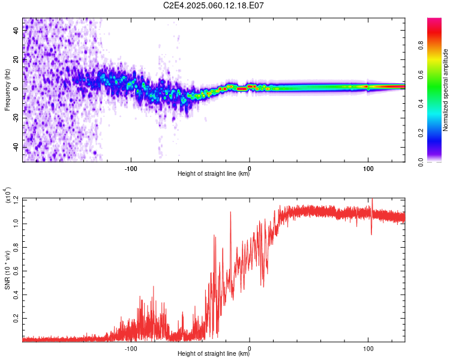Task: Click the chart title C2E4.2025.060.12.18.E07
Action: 213,5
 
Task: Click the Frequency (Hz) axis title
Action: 7,90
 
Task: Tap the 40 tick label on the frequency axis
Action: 16,31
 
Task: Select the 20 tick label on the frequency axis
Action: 16,60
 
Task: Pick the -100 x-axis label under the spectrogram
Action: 131,169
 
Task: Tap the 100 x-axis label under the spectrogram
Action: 368,169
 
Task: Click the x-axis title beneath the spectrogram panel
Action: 214,173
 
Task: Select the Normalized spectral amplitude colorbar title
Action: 445,90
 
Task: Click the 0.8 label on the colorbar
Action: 421,46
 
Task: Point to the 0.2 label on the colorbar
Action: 421,133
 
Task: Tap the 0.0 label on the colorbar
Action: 421,163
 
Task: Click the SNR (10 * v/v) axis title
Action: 7,270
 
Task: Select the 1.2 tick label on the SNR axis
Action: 16,200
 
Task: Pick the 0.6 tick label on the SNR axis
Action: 16,271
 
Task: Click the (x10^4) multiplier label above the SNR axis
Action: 7,195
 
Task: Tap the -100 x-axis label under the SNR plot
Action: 131,349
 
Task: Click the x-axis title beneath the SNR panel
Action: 214,353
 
